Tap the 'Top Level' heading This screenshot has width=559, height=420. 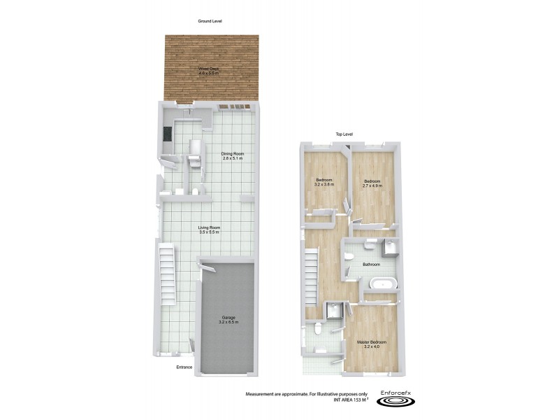344,134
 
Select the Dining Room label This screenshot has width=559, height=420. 233,156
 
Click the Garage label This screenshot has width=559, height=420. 229,320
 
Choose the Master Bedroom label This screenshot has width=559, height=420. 372,344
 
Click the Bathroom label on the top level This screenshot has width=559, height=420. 371,264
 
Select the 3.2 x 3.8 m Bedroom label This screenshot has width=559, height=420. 324,182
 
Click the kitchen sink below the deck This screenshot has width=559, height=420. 189,111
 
